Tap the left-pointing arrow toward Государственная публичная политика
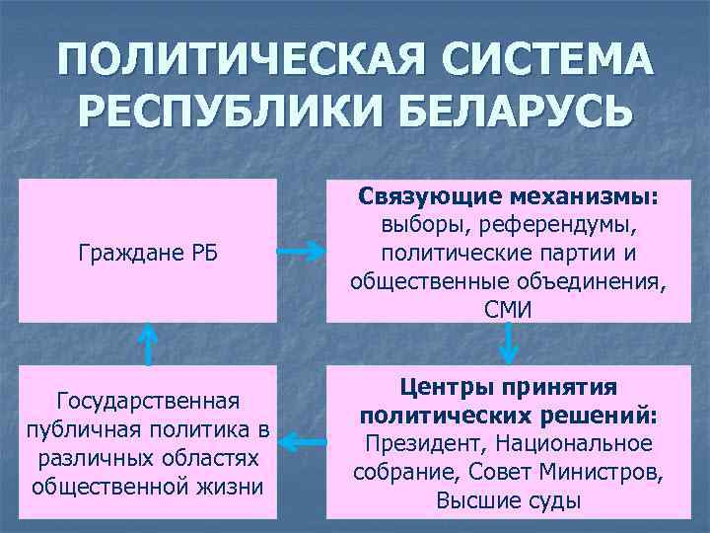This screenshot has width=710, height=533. tap(302, 443)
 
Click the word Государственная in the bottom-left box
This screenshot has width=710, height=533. tap(148, 403)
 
